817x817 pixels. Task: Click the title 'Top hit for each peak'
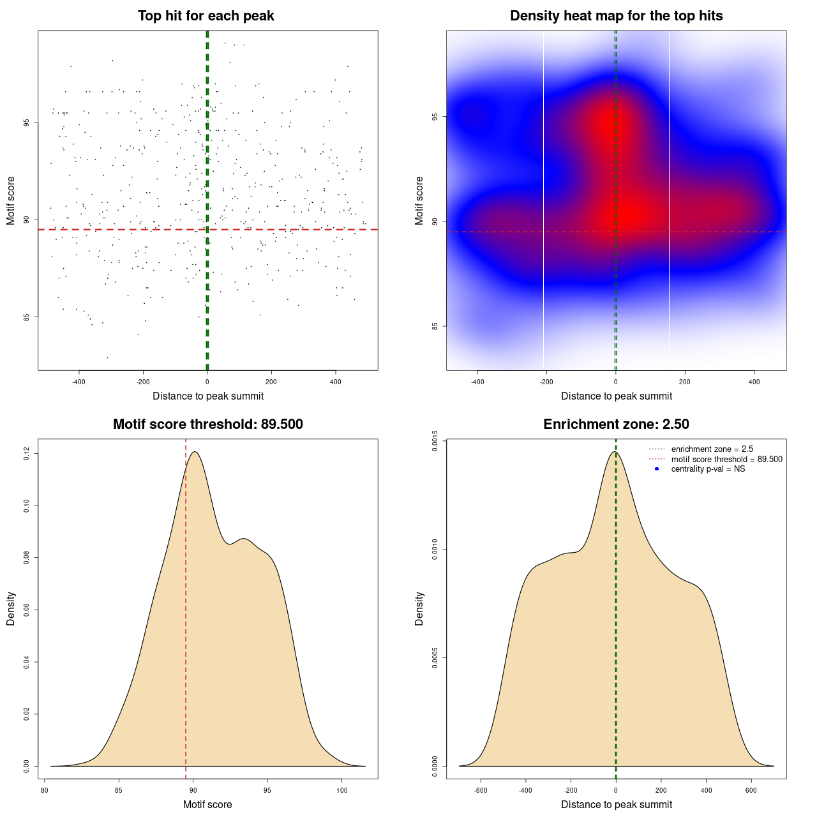(x=206, y=16)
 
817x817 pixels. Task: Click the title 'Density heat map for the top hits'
(x=616, y=16)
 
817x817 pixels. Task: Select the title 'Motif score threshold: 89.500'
(x=207, y=424)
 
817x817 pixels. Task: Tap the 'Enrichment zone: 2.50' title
(x=616, y=424)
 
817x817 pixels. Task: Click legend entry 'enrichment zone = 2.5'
(x=712, y=449)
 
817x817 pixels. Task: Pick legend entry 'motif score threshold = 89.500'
(x=726, y=460)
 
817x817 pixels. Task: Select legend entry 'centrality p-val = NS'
(x=708, y=469)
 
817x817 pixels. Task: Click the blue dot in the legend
(x=657, y=469)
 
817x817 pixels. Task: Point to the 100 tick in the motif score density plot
(x=341, y=790)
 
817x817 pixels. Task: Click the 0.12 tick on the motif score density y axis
(x=27, y=454)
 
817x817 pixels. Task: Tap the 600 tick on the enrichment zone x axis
(x=751, y=790)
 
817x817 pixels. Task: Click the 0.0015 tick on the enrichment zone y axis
(x=435, y=441)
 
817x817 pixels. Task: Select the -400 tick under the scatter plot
(x=79, y=382)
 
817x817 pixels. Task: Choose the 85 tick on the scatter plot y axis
(x=27, y=317)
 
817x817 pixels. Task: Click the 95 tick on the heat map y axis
(x=435, y=117)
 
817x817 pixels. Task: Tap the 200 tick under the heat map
(x=685, y=382)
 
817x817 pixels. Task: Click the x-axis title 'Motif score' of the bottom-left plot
(x=207, y=805)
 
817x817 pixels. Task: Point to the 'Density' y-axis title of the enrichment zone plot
(x=419, y=608)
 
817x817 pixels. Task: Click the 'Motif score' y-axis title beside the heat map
(x=419, y=200)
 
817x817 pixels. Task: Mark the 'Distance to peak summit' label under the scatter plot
(x=208, y=396)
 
